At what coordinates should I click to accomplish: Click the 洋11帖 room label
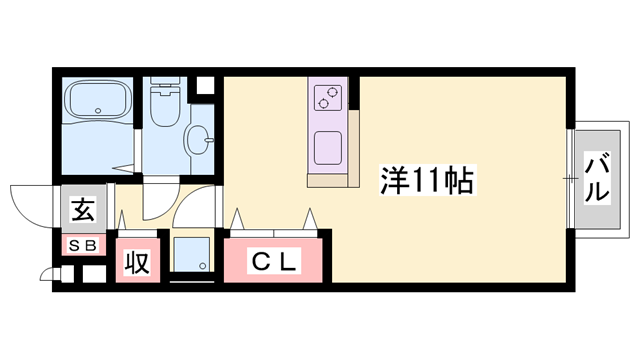(x=426, y=180)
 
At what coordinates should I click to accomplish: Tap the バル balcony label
(x=598, y=177)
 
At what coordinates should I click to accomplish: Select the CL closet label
(x=273, y=263)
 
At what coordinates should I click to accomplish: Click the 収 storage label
(x=137, y=263)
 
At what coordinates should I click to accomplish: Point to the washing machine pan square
(x=191, y=254)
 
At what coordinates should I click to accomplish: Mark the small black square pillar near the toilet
(x=205, y=85)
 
